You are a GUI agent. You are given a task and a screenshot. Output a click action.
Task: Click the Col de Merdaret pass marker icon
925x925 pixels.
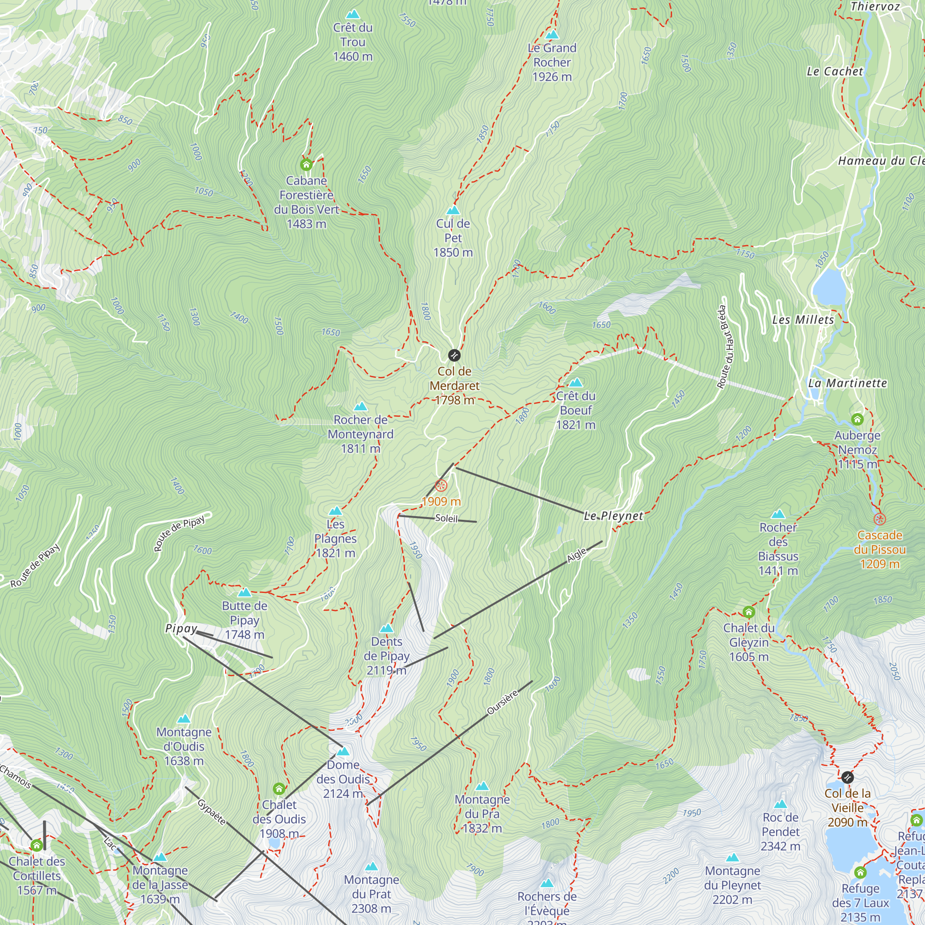point(454,355)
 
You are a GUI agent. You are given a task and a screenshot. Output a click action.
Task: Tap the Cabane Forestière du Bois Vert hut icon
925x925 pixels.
point(306,165)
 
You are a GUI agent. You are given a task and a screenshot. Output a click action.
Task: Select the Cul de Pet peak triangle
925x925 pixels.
point(453,210)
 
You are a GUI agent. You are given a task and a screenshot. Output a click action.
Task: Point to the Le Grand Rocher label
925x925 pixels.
point(552,62)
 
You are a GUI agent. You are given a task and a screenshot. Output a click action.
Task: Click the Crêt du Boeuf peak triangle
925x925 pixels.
point(575,382)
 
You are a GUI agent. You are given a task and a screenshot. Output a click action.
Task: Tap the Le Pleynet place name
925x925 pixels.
point(613,516)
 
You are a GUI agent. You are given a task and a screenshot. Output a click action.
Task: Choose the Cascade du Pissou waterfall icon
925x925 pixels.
point(880,519)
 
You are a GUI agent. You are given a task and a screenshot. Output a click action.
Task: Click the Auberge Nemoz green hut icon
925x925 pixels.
point(857,420)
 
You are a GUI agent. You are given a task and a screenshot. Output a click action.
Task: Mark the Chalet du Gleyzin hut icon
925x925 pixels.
point(749,612)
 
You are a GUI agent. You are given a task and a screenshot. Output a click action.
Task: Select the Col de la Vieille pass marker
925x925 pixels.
point(847,777)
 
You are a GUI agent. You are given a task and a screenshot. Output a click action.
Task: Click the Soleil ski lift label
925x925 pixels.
point(446,518)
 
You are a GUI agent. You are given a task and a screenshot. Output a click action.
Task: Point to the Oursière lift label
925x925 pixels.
point(502,703)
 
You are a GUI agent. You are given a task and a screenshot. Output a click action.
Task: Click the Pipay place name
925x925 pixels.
point(181,629)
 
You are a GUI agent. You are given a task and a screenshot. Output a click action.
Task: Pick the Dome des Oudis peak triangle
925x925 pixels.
point(343,751)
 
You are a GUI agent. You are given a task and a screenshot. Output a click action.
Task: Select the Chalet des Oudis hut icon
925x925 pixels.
point(279,789)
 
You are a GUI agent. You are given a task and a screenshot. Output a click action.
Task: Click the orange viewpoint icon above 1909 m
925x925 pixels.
point(441,486)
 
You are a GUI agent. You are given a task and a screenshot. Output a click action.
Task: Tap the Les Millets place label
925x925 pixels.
point(803,320)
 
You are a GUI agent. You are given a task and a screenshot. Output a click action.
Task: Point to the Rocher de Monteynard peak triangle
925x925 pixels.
point(361,407)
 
